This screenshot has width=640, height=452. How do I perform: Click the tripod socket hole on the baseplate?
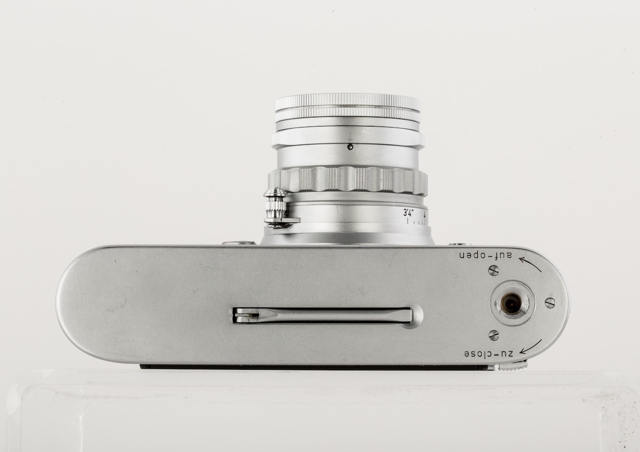coord(510,304)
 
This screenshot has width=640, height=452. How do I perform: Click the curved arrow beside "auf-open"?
coord(530,263)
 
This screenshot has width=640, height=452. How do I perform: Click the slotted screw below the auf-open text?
coord(494,270)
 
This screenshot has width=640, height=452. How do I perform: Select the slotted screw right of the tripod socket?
coord(550,303)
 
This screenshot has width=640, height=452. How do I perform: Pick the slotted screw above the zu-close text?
coord(494,335)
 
